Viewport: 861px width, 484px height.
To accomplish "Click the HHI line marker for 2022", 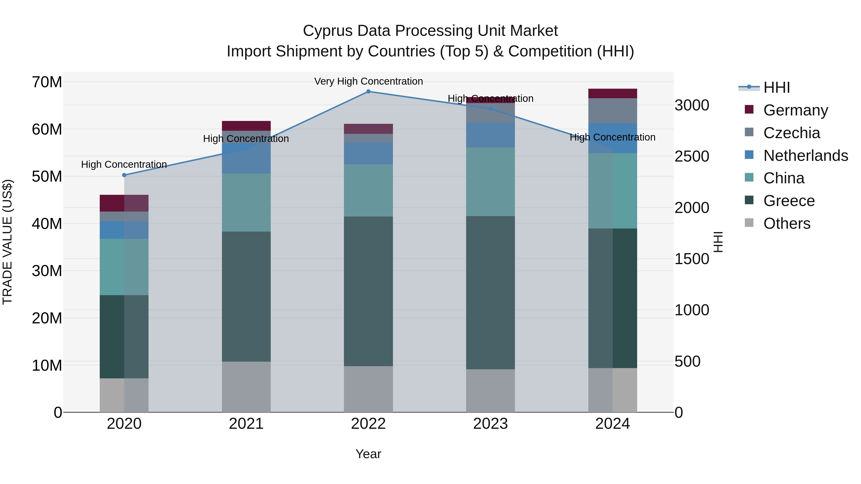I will (368, 92).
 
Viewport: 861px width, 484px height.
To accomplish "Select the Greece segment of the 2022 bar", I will (368, 291).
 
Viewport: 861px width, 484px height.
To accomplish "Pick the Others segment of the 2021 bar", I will (246, 387).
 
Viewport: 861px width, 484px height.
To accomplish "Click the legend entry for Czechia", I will (791, 133).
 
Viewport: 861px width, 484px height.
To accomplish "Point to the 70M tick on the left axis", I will (47, 82).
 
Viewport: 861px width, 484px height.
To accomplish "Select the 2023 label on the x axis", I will (490, 424).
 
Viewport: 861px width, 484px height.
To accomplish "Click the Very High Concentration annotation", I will (368, 81).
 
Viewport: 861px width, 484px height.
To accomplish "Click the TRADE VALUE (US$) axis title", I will (7, 242).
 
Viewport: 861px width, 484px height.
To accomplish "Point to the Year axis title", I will (368, 454).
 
